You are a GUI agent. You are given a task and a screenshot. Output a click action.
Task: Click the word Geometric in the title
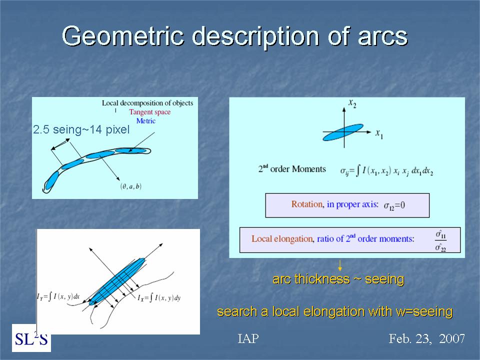coord(123,36)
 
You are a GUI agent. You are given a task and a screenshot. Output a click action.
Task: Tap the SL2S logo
coord(31,338)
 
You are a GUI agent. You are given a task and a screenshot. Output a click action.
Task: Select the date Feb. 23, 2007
coord(426,338)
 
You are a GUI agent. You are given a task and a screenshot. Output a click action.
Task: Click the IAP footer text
coord(248,338)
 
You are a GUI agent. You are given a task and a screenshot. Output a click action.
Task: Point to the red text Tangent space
coord(149,112)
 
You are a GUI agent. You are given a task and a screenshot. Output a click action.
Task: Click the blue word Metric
coord(145,121)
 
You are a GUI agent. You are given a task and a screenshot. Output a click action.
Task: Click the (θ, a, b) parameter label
coord(131,186)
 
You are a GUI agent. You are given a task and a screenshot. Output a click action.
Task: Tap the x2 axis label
coord(352,103)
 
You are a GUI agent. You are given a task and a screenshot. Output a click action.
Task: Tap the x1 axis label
coord(379,134)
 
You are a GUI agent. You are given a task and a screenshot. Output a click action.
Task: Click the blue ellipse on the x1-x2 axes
coord(343,132)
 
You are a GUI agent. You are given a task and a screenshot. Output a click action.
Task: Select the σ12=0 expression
coord(394,205)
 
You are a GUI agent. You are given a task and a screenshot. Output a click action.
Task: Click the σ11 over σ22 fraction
coord(440,241)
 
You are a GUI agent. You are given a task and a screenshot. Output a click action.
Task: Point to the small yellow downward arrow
coord(339,265)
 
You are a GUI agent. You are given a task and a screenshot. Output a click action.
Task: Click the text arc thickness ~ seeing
coord(338,279)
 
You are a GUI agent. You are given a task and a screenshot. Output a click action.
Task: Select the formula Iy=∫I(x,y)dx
coord(58,296)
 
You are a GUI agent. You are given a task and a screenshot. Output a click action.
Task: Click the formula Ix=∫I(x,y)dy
coord(159,297)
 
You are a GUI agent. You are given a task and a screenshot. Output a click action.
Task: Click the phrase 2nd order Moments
coord(292,169)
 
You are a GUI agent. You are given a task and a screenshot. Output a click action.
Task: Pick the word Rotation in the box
coord(307,204)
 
